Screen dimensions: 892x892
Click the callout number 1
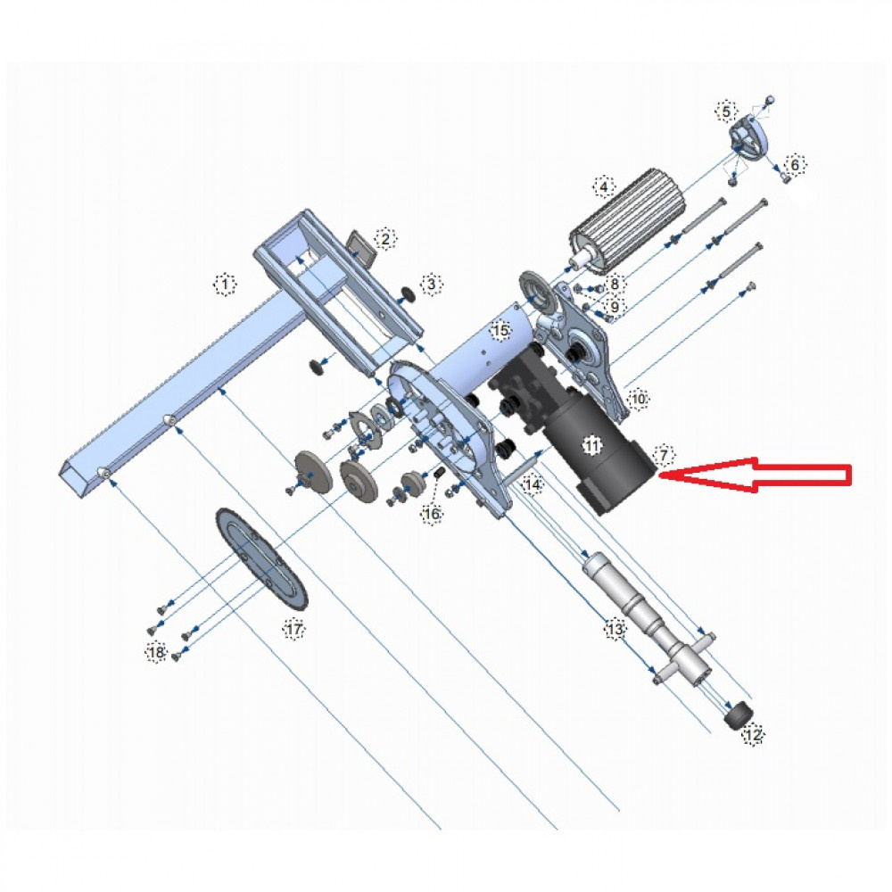225,285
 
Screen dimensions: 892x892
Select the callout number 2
385,238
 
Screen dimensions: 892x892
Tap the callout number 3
431,285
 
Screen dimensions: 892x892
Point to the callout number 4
604,187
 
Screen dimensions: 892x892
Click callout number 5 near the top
726,111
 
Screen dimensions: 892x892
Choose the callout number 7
662,454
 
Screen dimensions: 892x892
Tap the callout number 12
754,735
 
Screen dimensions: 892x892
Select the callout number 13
615,630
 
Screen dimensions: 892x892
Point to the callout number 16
432,514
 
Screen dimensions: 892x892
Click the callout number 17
294,630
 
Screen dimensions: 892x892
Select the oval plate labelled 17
262,557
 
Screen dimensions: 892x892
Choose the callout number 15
500,331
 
